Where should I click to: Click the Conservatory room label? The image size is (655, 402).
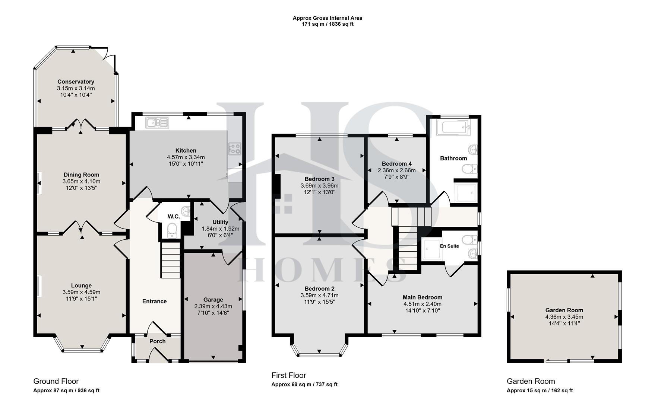76,82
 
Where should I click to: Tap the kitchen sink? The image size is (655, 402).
157,122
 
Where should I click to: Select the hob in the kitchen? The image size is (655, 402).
235,149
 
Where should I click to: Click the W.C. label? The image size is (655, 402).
174,216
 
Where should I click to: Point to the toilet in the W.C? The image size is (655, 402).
172,230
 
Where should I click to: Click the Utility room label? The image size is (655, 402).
220,222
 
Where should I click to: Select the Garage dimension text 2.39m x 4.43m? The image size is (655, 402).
213,306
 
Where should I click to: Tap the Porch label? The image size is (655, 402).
157,341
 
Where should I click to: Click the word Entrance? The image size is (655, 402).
154,301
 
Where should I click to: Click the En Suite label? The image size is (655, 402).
449,246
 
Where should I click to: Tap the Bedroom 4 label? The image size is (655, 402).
396,164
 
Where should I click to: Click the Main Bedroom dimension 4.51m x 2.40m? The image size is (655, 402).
423,304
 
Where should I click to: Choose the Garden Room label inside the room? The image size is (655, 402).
564,310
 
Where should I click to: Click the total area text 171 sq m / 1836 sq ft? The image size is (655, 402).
327,24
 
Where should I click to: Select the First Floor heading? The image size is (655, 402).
288,375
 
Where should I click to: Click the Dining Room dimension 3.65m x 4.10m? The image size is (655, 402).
81,181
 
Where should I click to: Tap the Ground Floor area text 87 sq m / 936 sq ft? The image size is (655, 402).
66,390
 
